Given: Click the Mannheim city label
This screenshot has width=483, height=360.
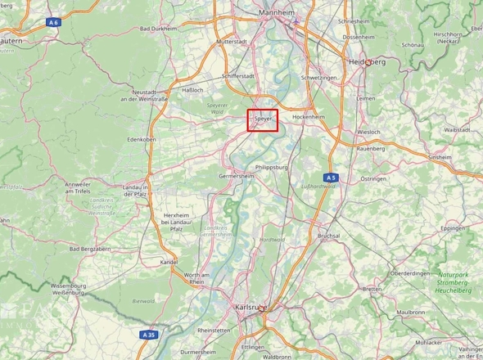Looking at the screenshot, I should click(x=276, y=14).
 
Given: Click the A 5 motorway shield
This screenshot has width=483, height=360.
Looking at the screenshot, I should click(x=331, y=177).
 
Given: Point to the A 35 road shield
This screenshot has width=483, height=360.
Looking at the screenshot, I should click(x=148, y=335).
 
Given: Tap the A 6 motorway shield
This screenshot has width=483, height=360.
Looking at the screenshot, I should click(x=54, y=22).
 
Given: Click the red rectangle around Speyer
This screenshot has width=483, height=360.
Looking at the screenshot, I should click(x=263, y=119).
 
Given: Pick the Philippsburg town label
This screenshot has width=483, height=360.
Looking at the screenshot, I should click(x=273, y=166).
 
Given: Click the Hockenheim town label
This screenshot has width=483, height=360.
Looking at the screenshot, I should click(x=309, y=117).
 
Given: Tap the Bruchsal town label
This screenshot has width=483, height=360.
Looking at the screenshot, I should click(x=329, y=235).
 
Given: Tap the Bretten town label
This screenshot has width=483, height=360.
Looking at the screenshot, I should click(x=372, y=289).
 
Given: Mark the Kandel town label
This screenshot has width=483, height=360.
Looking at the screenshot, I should click(x=169, y=262).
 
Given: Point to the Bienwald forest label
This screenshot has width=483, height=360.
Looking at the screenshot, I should click(x=143, y=300).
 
